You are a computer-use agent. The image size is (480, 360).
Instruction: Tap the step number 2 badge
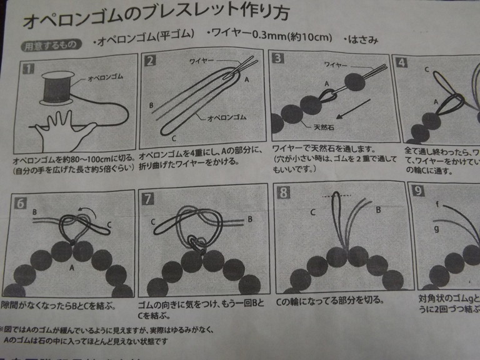150,61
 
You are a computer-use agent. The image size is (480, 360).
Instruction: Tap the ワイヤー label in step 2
203,61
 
